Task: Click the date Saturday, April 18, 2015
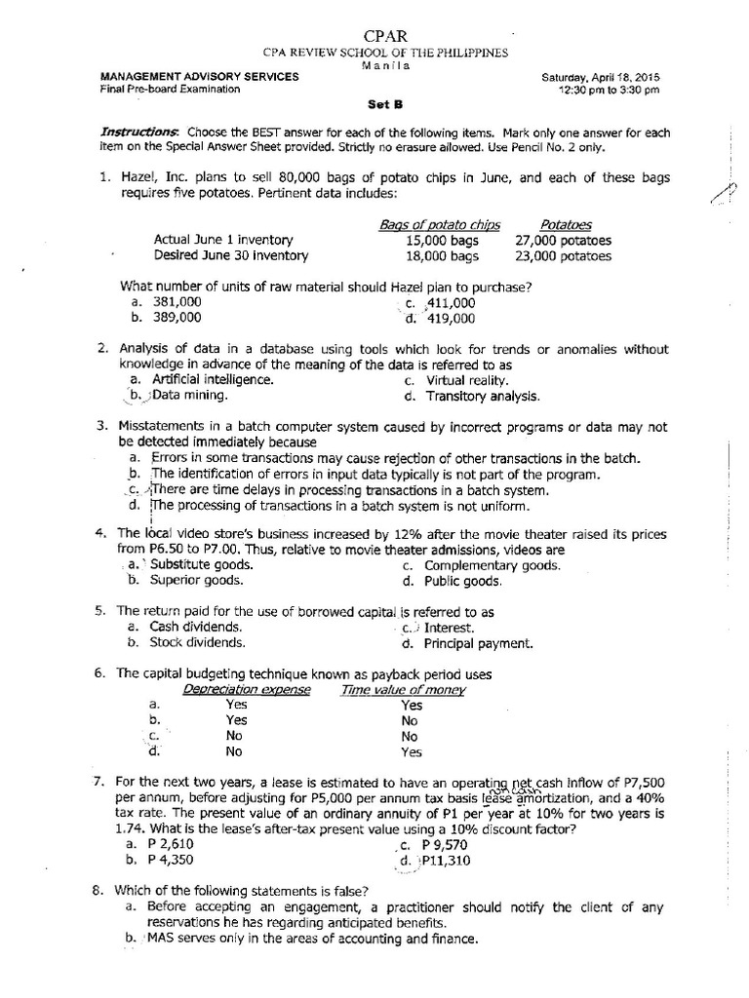point(596,77)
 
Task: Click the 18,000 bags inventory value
point(443,256)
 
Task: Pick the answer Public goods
point(462,582)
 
